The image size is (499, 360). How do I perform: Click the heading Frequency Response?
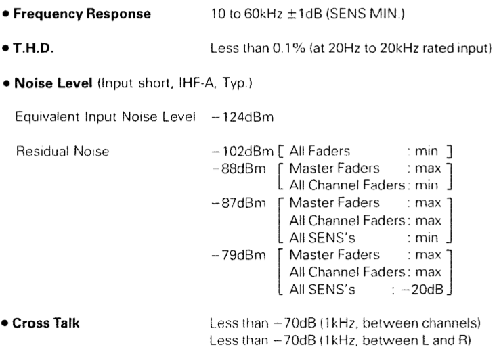[82, 14]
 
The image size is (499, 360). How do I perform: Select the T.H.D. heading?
[33, 48]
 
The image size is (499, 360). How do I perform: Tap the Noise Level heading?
[53, 83]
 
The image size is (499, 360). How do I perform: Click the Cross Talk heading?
[46, 323]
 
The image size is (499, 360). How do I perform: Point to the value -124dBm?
[242, 117]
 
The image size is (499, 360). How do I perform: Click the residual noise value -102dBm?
[242, 152]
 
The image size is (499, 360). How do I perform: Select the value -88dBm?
[239, 168]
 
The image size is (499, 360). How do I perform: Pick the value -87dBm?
[239, 203]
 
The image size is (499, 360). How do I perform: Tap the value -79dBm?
[239, 255]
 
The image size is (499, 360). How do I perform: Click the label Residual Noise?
[63, 152]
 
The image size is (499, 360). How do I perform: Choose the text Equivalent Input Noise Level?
[105, 117]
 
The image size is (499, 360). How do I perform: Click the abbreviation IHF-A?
[197, 83]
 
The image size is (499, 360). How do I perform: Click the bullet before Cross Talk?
[5, 323]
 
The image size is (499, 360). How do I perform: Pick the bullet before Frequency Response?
[5, 14]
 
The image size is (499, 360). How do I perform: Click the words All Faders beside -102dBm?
[320, 151]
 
